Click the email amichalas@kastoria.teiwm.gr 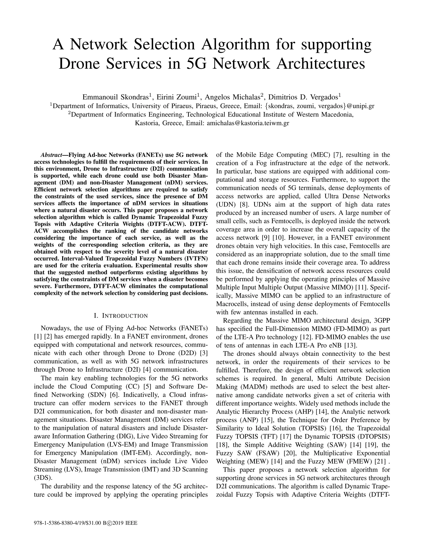(x=248, y=123)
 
